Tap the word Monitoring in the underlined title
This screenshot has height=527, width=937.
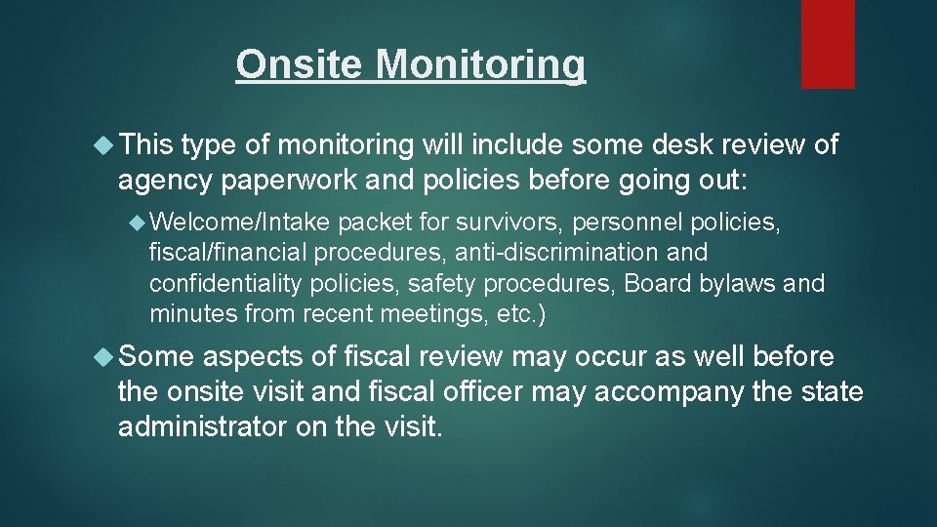click(480, 64)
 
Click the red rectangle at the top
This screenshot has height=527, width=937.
click(828, 44)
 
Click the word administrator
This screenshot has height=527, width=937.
click(207, 426)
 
